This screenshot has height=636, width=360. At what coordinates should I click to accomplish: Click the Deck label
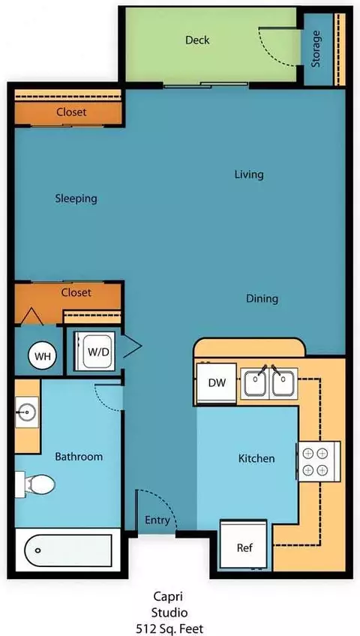tap(197, 40)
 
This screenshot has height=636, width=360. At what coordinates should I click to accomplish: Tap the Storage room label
tap(316, 49)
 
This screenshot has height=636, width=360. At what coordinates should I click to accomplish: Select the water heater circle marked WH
tap(43, 356)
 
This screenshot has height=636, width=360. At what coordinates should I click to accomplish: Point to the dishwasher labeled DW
tap(217, 383)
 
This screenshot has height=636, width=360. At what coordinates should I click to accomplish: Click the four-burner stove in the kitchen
tap(319, 461)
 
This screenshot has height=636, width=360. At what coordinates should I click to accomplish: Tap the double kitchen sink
tap(269, 382)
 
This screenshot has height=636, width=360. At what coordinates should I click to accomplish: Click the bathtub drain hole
tap(37, 550)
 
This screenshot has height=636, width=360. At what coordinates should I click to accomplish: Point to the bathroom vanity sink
tap(27, 412)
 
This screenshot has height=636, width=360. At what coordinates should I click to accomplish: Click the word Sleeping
tap(76, 199)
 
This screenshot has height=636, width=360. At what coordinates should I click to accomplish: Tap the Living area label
tap(249, 175)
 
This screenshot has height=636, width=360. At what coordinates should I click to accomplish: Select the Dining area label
tap(262, 299)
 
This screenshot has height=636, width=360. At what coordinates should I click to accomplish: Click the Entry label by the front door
tap(157, 520)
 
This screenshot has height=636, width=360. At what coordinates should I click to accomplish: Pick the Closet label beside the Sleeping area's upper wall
tap(71, 112)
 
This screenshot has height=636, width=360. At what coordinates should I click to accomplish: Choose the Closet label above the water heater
tap(76, 292)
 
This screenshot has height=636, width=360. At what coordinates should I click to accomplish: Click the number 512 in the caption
tap(145, 628)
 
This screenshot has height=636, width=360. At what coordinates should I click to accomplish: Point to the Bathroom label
tap(79, 457)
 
